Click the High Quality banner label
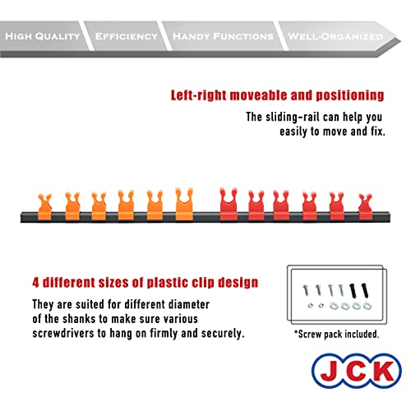(x=43, y=36)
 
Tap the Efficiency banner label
(x=127, y=36)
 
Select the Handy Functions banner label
(x=223, y=36)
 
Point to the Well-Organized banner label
(x=335, y=36)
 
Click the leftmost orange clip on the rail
(x=44, y=207)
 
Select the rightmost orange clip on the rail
(x=184, y=204)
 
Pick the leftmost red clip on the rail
(x=229, y=204)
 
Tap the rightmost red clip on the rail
(x=366, y=207)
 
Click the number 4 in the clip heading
(x=35, y=283)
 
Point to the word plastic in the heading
(x=166, y=283)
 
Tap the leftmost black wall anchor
(x=353, y=291)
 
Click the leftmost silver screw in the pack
(x=306, y=290)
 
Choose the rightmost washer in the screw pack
(x=367, y=306)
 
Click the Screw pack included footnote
(x=337, y=335)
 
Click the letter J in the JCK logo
(x=330, y=371)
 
